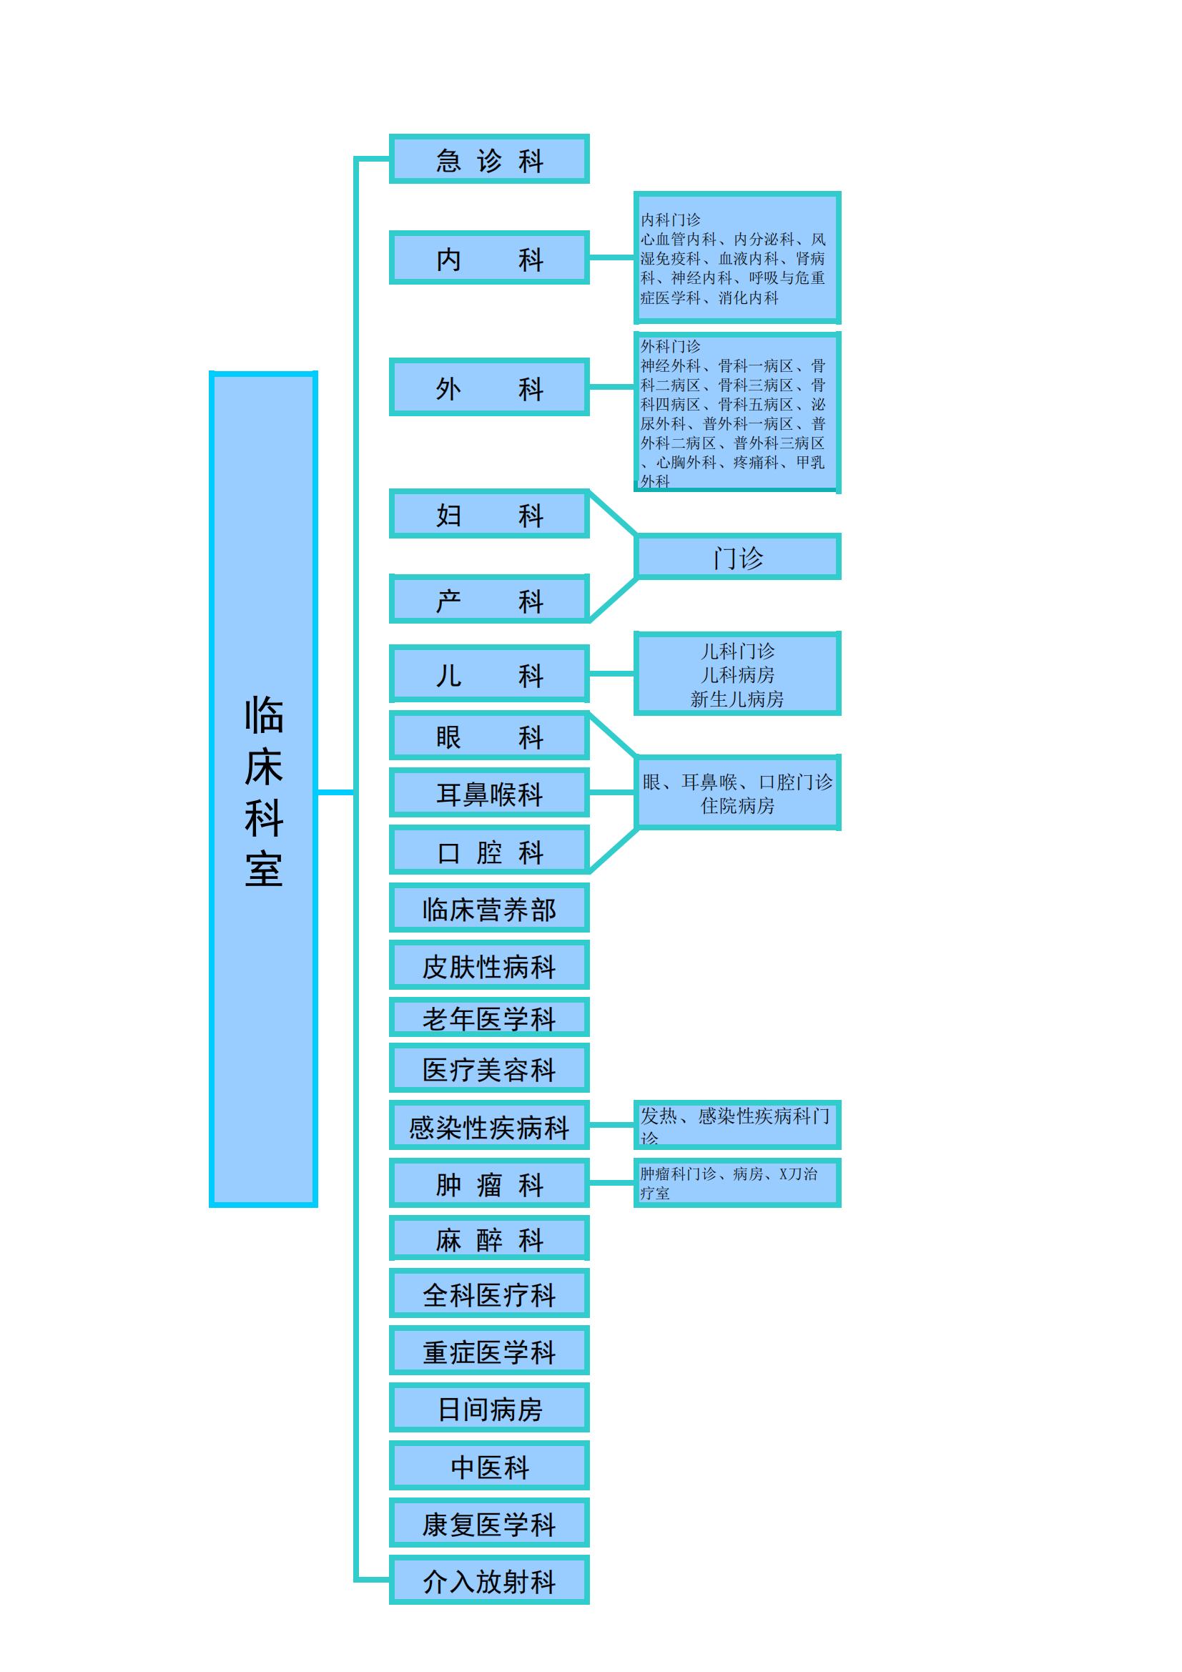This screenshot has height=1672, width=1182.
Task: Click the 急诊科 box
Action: click(x=488, y=159)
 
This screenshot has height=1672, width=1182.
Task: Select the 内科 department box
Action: click(x=488, y=257)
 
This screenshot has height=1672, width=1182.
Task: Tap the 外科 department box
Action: click(x=488, y=387)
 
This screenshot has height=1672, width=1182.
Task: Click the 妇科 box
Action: click(x=488, y=514)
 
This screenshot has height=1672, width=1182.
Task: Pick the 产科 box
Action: click(x=488, y=599)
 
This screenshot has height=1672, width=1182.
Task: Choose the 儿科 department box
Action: click(x=488, y=674)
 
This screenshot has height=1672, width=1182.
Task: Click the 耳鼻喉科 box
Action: click(x=488, y=792)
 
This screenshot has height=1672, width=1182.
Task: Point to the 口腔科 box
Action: click(x=488, y=850)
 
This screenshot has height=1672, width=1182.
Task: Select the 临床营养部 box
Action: click(x=488, y=908)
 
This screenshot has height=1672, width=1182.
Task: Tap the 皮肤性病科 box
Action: click(x=488, y=965)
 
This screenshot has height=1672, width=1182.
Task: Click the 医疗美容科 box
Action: click(x=488, y=1068)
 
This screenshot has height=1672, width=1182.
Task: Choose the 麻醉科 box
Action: click(x=488, y=1238)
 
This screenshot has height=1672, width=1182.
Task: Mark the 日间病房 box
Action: click(x=488, y=1407)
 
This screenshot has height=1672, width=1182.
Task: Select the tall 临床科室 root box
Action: click(x=263, y=790)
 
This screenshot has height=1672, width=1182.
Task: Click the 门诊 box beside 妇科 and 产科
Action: click(x=738, y=556)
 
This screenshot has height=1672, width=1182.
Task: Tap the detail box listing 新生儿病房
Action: click(x=738, y=674)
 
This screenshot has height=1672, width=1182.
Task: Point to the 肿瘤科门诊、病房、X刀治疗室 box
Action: click(x=738, y=1184)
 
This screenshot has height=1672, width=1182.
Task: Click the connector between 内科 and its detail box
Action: click(x=612, y=257)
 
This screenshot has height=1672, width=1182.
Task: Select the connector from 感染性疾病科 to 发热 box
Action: click(x=612, y=1125)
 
